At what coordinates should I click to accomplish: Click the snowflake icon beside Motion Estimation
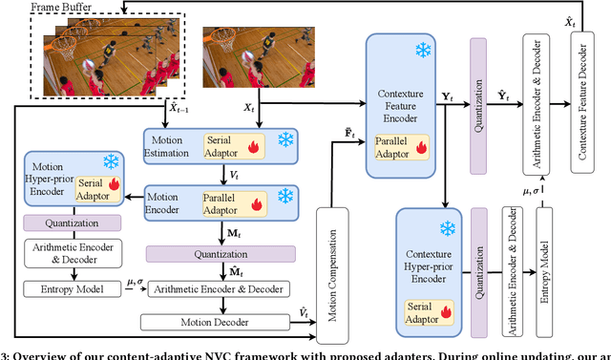coord(285,140)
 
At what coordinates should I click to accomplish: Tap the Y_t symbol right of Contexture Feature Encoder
coord(447,96)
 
